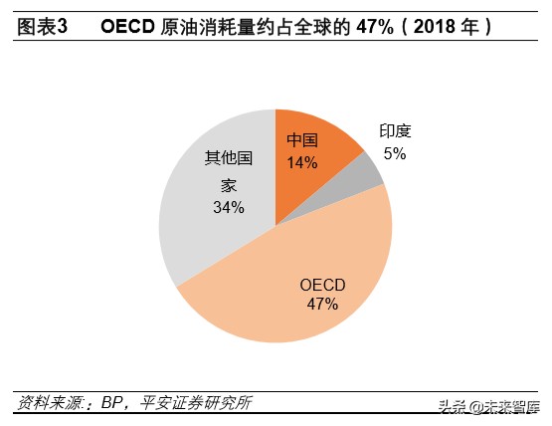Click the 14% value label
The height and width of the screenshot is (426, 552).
[301, 162]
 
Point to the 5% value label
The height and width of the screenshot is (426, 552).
[395, 153]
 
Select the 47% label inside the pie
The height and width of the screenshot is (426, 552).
[322, 305]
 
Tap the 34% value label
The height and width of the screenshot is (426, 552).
[228, 208]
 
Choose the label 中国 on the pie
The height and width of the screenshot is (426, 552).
[302, 140]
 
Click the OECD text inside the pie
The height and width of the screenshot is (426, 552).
[322, 285]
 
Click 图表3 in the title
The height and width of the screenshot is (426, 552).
[43, 28]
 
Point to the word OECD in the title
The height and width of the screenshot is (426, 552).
[129, 28]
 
